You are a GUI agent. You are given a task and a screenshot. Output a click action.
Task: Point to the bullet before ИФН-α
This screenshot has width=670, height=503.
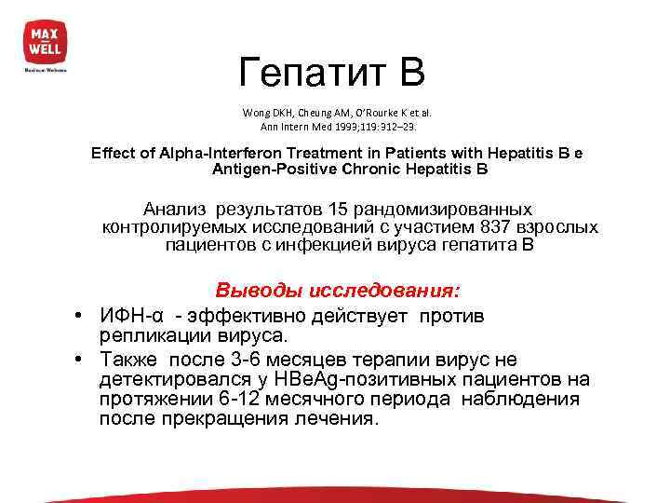tap(82, 316)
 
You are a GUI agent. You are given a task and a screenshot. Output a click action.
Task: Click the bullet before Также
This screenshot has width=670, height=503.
tap(82, 360)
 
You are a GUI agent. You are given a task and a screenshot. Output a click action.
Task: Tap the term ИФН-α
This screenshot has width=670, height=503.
tap(127, 316)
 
